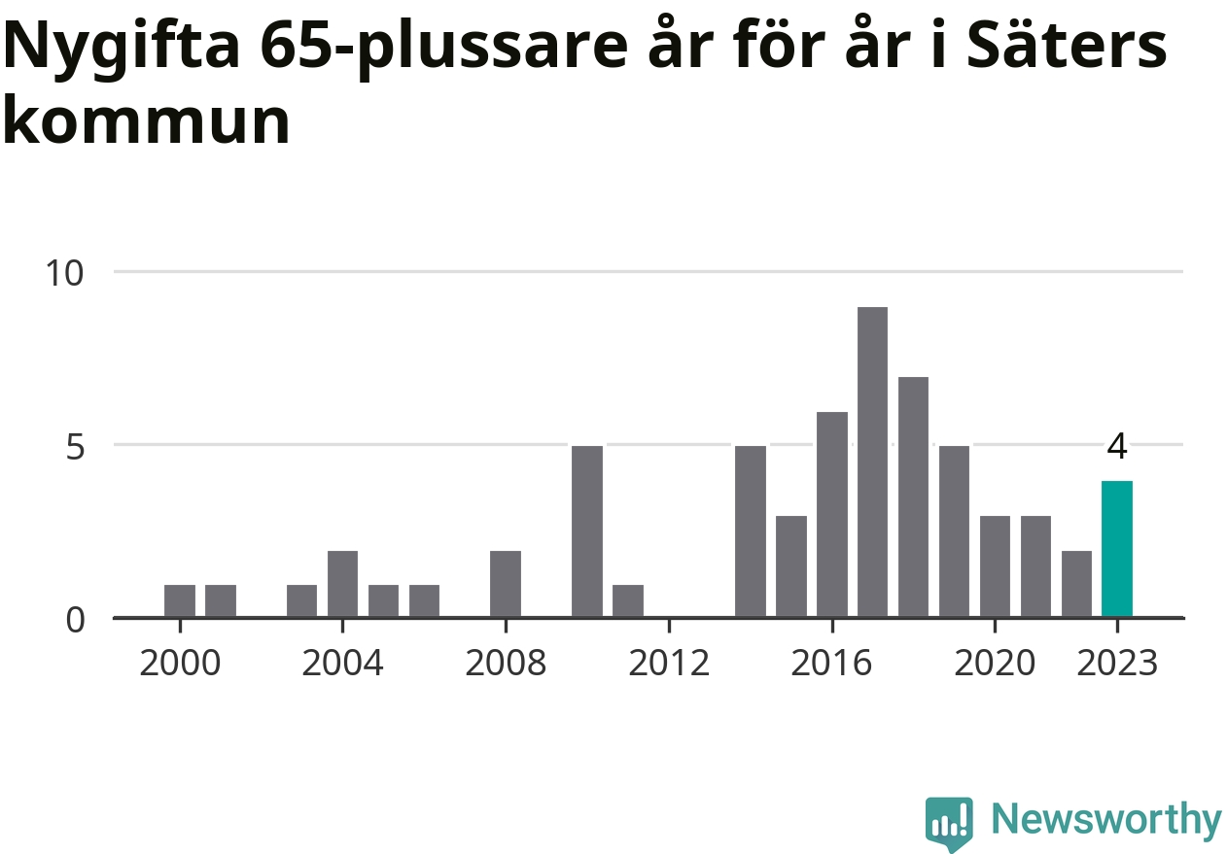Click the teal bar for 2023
(1116, 549)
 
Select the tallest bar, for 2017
(872, 462)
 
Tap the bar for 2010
(587, 531)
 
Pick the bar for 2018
(913, 497)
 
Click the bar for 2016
(831, 515)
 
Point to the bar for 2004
(342, 584)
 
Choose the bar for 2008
(506, 584)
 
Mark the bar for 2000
(180, 600)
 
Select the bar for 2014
(751, 531)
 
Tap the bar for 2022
(1076, 584)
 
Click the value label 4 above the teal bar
(1117, 448)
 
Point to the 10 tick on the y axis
(65, 272)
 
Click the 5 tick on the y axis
(75, 446)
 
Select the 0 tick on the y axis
(75, 619)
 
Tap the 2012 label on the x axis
(668, 665)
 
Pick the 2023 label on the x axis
(1117, 665)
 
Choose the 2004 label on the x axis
(342, 665)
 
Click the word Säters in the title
(1070, 46)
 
